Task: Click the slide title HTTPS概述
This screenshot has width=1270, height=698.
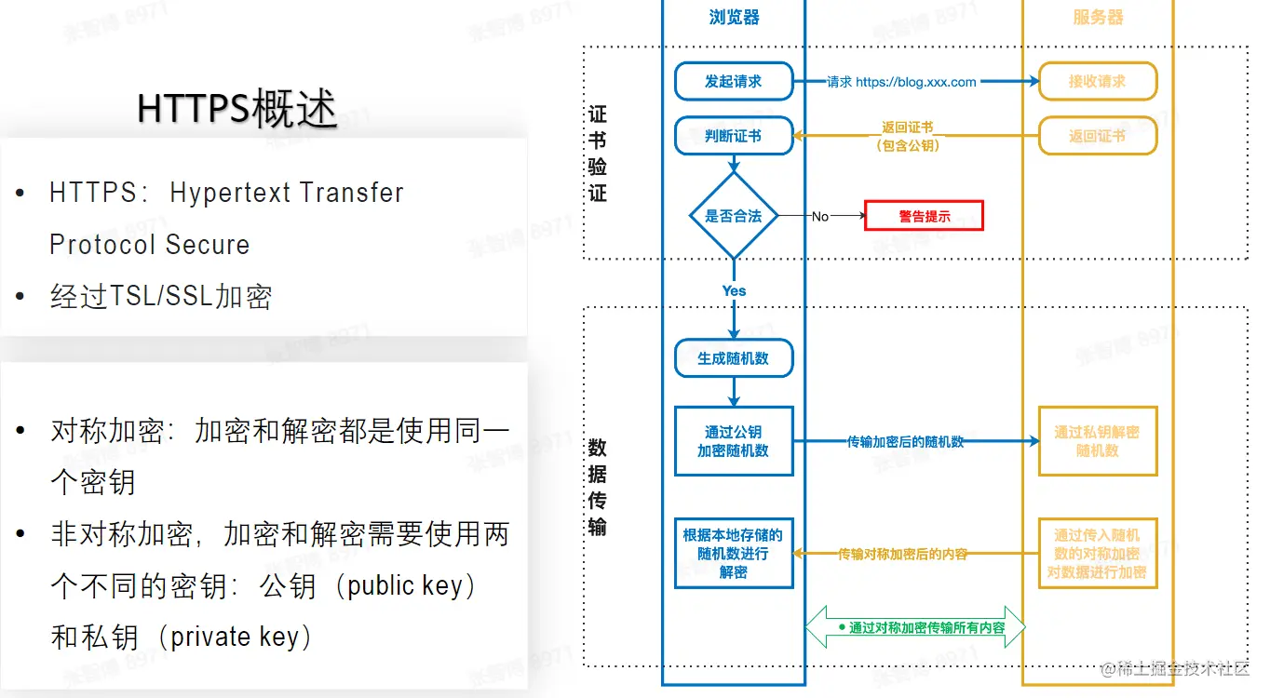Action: (x=236, y=109)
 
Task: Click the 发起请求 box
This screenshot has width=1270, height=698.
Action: (x=734, y=81)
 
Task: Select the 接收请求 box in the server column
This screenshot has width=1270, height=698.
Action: (x=1098, y=81)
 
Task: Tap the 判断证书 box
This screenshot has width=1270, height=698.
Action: (x=734, y=136)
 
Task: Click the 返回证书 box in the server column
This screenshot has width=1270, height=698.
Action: (x=1098, y=136)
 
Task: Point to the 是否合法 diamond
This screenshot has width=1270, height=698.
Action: (x=734, y=216)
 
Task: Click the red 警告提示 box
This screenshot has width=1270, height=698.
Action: (x=924, y=216)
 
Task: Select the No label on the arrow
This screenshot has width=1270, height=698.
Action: (x=819, y=217)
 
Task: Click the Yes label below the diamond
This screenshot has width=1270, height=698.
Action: (x=734, y=290)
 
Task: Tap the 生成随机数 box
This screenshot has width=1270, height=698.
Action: (x=734, y=358)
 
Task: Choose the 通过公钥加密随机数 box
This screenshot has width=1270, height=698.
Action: (x=734, y=441)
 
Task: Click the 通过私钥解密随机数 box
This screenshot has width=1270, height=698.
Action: (x=1098, y=441)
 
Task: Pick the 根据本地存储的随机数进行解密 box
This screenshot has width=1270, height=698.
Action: (x=734, y=554)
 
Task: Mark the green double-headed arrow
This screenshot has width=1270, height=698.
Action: (x=915, y=627)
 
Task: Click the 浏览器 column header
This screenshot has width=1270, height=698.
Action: (x=734, y=18)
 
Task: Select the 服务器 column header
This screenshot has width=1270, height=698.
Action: (x=1098, y=18)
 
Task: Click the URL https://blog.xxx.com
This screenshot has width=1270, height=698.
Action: (x=916, y=82)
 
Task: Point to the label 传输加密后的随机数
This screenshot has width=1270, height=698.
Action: (x=905, y=442)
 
